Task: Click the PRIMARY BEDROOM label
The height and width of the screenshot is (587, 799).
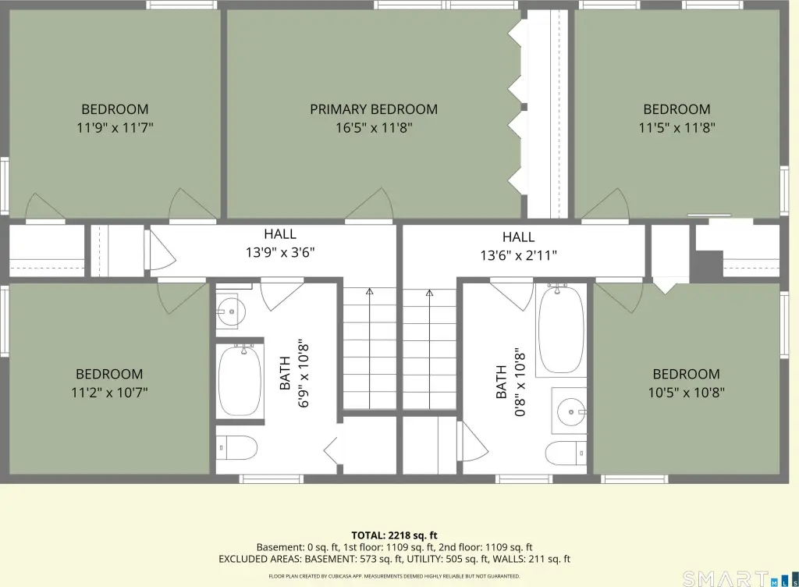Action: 374,109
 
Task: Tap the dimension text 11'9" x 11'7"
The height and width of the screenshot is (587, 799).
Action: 115,127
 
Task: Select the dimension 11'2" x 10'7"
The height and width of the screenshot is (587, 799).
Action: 109,393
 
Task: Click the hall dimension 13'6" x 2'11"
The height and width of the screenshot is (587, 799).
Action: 518,255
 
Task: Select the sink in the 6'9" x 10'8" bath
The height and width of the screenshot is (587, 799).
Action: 231,311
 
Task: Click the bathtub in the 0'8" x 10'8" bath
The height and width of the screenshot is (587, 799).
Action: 561,329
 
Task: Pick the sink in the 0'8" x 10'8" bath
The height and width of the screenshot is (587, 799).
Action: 570,411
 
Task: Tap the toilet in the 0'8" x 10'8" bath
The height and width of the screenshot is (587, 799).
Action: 566,453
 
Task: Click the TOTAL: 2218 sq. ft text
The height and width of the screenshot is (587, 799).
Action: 394,535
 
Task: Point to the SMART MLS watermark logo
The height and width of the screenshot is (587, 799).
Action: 740,579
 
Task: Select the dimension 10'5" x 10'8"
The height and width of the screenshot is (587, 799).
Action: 687,393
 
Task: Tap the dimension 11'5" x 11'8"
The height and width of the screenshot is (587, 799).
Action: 676,127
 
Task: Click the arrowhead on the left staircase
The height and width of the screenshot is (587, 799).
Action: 369,291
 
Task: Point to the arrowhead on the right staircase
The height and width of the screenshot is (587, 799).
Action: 430,293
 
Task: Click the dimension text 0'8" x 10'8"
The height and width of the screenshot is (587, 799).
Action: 519,382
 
